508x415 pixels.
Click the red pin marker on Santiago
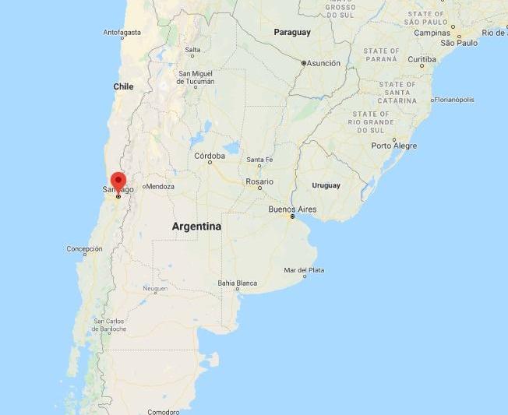pyautogui.click(x=118, y=181)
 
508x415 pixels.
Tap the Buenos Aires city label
pyautogui.click(x=292, y=209)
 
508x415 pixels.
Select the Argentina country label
pyautogui.click(x=197, y=227)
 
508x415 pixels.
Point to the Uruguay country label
pyautogui.click(x=326, y=185)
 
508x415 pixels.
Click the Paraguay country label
pyautogui.click(x=292, y=32)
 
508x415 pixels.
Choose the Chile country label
pyautogui.click(x=124, y=86)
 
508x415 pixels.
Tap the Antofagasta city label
pyautogui.click(x=122, y=33)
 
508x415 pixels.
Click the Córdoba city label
pyautogui.click(x=210, y=156)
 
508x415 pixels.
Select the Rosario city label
pyautogui.click(x=259, y=181)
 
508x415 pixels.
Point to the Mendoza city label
pyautogui.click(x=161, y=187)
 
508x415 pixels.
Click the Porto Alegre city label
pyautogui.click(x=393, y=146)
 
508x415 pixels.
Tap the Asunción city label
pyautogui.click(x=323, y=63)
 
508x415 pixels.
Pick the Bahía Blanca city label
pyautogui.click(x=237, y=283)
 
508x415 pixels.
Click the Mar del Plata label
pyautogui.click(x=305, y=270)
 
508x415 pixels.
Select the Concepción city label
pyautogui.click(x=84, y=249)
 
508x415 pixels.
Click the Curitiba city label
pyautogui.click(x=422, y=59)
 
